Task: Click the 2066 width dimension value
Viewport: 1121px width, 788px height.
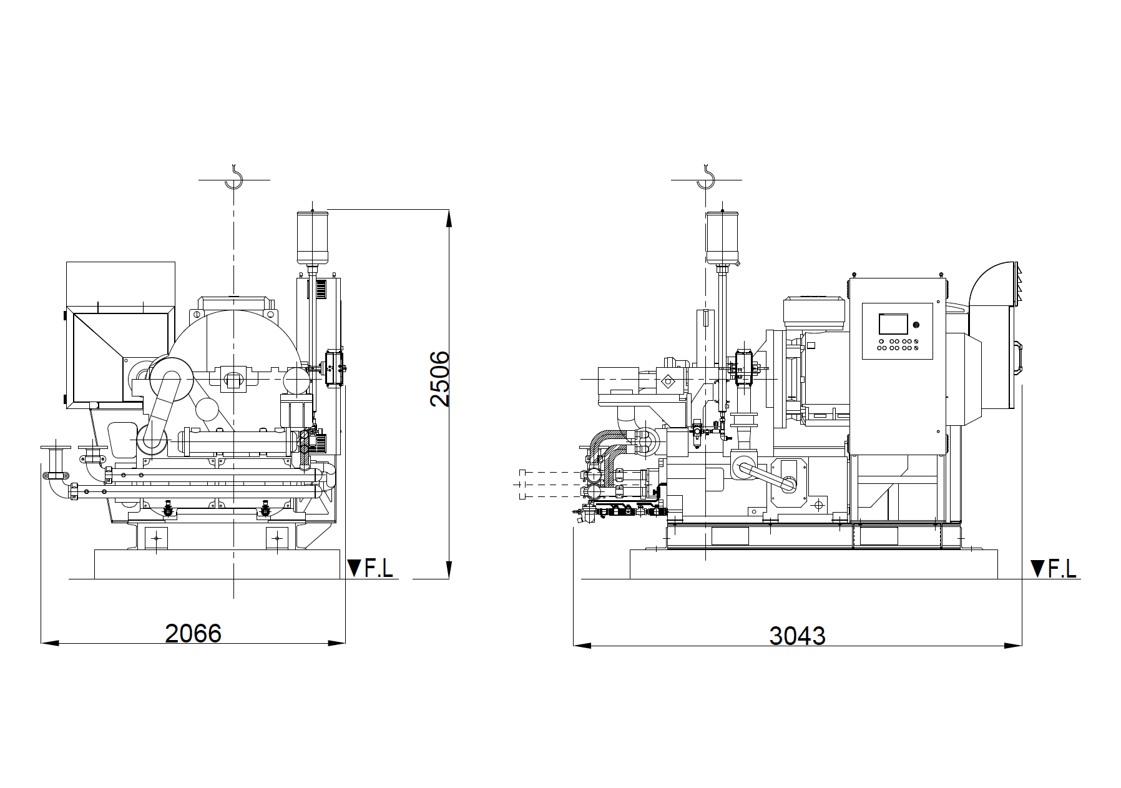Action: coord(193,633)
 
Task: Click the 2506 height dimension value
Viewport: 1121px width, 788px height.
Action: coord(440,379)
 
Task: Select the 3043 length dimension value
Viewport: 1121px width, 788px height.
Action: coord(797,636)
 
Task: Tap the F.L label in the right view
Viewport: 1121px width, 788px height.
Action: coord(1062,568)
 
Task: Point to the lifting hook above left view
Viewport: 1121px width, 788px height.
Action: coord(233,177)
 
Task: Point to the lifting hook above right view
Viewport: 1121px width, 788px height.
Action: coord(705,177)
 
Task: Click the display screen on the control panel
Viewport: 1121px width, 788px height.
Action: coord(893,324)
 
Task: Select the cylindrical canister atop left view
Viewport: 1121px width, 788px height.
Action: coord(312,237)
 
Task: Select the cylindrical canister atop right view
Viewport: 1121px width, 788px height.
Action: coord(722,237)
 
